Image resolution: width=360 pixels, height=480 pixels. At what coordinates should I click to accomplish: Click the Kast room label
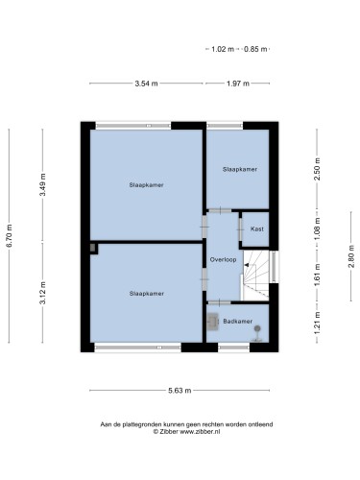(x=257, y=229)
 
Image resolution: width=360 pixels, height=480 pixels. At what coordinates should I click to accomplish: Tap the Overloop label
(x=223, y=260)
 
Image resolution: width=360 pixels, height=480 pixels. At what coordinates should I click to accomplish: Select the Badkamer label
(x=238, y=322)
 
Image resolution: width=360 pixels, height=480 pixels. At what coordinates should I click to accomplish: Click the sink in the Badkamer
(x=212, y=321)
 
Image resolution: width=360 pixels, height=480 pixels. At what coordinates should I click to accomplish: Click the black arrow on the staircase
(x=247, y=265)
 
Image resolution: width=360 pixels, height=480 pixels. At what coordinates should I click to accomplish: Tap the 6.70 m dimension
(x=10, y=236)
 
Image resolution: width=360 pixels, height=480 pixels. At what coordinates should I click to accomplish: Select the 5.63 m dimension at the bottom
(x=180, y=391)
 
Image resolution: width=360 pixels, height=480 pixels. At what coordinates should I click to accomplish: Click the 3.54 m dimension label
(x=146, y=84)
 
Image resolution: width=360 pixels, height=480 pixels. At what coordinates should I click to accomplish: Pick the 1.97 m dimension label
(x=238, y=84)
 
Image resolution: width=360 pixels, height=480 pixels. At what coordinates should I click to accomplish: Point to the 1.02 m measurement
(x=223, y=49)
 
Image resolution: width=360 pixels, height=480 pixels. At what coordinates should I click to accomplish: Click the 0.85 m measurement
(x=255, y=49)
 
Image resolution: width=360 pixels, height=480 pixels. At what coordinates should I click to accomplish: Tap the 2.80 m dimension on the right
(x=351, y=256)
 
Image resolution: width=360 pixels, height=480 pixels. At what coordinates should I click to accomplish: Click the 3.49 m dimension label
(x=42, y=184)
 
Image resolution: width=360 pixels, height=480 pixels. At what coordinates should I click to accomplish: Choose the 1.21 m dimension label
(x=318, y=323)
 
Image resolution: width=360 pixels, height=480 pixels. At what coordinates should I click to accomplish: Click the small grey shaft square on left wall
(x=93, y=248)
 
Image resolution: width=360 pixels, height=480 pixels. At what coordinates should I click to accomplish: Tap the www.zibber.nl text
(x=200, y=432)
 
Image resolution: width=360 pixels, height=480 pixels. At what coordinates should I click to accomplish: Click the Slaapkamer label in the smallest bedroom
(x=240, y=169)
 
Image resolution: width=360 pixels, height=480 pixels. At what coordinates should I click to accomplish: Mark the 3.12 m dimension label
(x=42, y=293)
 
